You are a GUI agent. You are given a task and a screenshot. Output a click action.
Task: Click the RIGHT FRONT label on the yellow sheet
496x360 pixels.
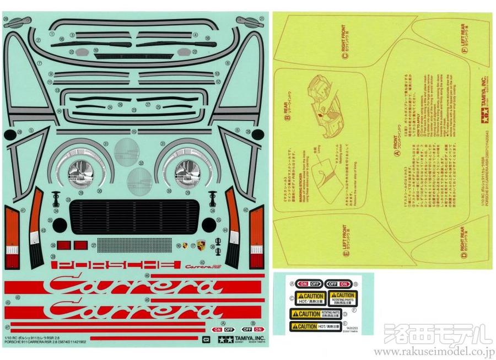point(345,42)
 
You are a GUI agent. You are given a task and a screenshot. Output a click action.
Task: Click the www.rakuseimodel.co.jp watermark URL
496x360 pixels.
point(434,352)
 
